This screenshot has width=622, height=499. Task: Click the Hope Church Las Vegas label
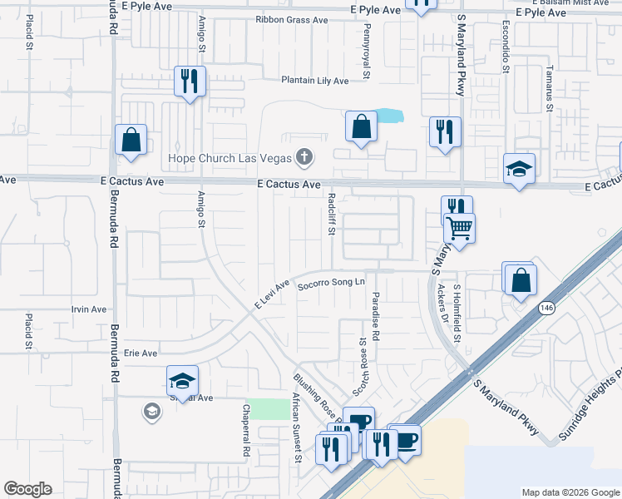click(229, 158)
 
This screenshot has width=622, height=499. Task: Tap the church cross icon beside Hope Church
click(305, 157)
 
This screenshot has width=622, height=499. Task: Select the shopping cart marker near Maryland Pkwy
click(459, 228)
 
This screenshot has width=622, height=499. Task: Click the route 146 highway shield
click(545, 308)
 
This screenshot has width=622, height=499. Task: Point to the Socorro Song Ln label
click(332, 283)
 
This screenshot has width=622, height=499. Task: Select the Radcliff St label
click(331, 215)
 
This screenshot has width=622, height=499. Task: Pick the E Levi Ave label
click(272, 295)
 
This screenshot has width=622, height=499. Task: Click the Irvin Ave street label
click(89, 309)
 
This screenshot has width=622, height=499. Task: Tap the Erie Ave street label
click(141, 353)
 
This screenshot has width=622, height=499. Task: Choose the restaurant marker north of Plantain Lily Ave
click(190, 82)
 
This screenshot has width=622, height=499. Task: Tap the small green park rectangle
click(267, 409)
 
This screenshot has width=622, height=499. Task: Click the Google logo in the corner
click(27, 489)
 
